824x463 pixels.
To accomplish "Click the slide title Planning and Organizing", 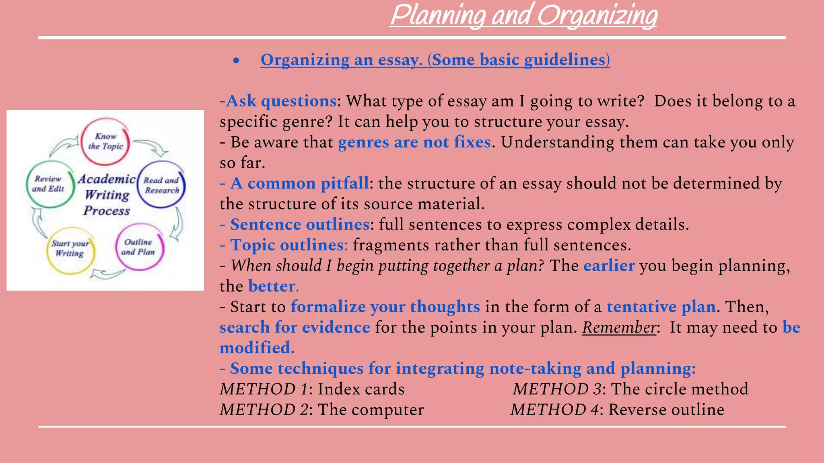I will click(523, 16).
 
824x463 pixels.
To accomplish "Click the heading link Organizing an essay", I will click(435, 60).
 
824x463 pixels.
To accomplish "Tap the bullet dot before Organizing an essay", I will click(236, 61).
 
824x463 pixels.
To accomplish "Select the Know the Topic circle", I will click(105, 141).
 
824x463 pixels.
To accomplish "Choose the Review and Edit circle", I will click(49, 184).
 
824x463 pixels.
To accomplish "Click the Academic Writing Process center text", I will click(107, 195).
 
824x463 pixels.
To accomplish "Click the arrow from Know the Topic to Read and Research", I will click(152, 147).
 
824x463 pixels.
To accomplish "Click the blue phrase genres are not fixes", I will click(414, 142).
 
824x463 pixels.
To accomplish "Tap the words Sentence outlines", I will click(299, 224).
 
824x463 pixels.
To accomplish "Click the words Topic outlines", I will click(288, 245).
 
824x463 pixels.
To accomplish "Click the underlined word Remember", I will click(619, 328).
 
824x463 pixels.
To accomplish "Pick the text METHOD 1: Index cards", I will click(312, 389).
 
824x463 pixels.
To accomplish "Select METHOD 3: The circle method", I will click(630, 389).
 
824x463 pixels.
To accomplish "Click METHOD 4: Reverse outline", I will click(617, 410).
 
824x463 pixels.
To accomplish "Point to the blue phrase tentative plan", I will click(661, 307).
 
